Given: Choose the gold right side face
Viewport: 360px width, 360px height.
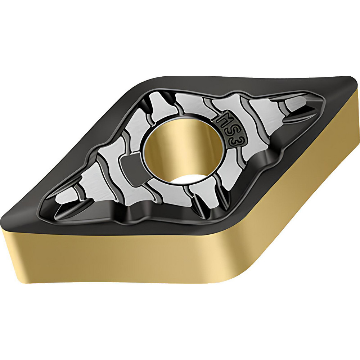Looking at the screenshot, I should pos(306,173).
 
